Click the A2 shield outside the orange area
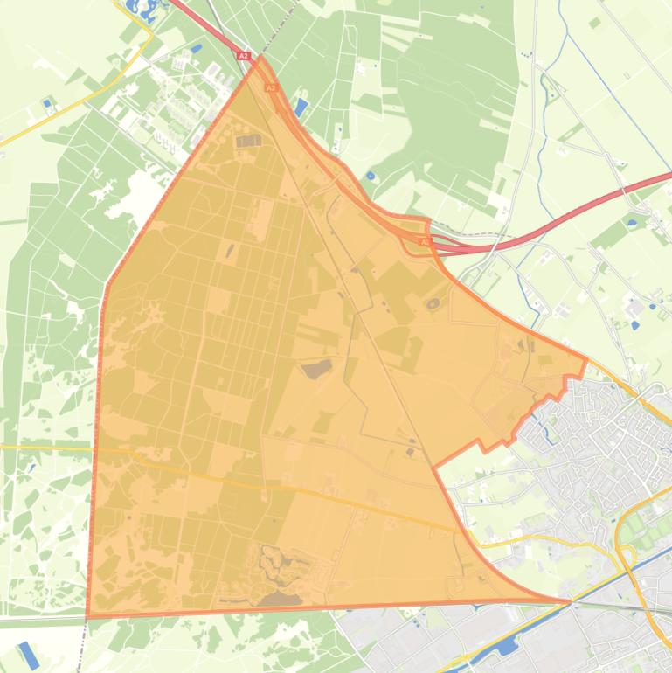[243, 56]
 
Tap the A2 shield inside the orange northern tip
[271, 87]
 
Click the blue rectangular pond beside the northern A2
[301, 108]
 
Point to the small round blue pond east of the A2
[371, 176]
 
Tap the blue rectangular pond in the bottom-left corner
[29, 656]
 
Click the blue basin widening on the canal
[506, 647]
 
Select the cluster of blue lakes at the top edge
[140, 10]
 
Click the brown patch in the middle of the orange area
[316, 369]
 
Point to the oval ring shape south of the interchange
[433, 304]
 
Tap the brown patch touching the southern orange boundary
[278, 599]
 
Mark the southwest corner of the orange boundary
[87, 615]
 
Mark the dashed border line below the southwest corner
[80, 647]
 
